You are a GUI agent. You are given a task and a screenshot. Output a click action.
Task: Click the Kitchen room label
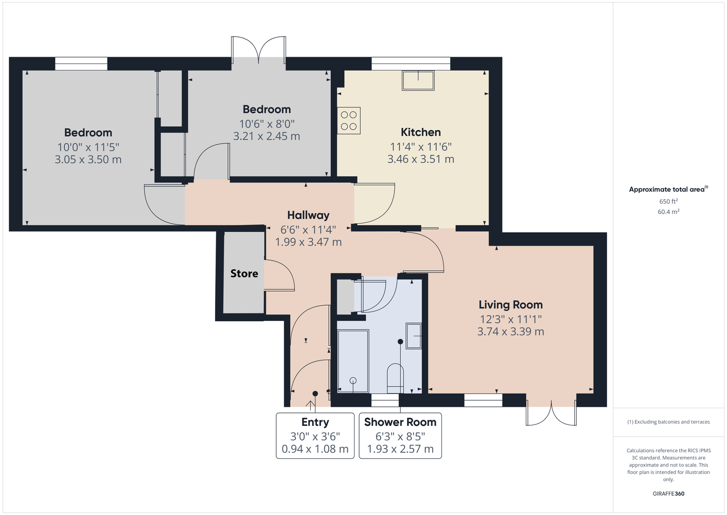pyautogui.click(x=421, y=132)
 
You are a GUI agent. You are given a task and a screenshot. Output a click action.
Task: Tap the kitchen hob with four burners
pyautogui.click(x=349, y=121)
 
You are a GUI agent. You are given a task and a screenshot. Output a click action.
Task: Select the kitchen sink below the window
pyautogui.click(x=418, y=80)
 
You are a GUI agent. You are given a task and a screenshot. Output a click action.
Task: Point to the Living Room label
pyautogui.click(x=510, y=304)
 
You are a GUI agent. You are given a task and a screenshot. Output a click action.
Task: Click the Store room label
pyautogui.click(x=244, y=273)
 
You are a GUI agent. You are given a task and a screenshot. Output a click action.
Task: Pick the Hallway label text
pyautogui.click(x=308, y=215)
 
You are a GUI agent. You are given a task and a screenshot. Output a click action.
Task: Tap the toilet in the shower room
pyautogui.click(x=395, y=379)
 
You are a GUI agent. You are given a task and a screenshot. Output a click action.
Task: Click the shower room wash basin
pyautogui.click(x=414, y=336)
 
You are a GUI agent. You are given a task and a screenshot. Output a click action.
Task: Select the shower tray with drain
pyautogui.click(x=353, y=362)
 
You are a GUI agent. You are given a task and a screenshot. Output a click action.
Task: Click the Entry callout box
pyautogui.click(x=315, y=435)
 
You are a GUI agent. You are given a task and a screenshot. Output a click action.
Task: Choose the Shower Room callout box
pyautogui.click(x=400, y=435)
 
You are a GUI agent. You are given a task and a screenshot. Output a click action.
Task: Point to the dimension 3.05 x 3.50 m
pyautogui.click(x=88, y=160)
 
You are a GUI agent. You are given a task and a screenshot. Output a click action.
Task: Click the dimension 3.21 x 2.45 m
pyautogui.click(x=267, y=136)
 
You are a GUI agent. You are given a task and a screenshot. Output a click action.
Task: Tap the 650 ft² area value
pyautogui.click(x=668, y=201)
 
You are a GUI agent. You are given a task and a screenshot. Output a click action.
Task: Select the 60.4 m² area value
pyautogui.click(x=668, y=212)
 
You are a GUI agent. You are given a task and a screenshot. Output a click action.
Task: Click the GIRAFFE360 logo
pyautogui.click(x=668, y=493)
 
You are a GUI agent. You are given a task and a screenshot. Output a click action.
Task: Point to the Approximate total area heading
pyautogui.click(x=668, y=189)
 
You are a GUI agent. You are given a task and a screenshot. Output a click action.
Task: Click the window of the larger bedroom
pyautogui.click(x=81, y=64)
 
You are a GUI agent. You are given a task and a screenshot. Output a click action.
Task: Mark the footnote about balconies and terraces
pyautogui.click(x=668, y=422)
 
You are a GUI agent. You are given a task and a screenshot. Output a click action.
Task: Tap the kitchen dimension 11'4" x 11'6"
pyautogui.click(x=421, y=147)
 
